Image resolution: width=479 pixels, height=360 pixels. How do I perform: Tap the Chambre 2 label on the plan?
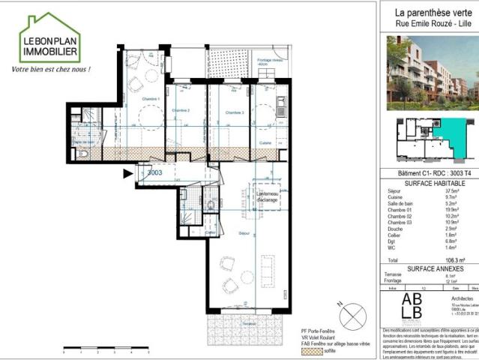click(x=181, y=111)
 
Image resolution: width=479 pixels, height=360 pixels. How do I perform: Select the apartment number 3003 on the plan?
click(x=155, y=172)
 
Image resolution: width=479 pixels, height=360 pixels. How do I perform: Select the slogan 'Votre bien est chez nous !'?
click(x=50, y=70)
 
